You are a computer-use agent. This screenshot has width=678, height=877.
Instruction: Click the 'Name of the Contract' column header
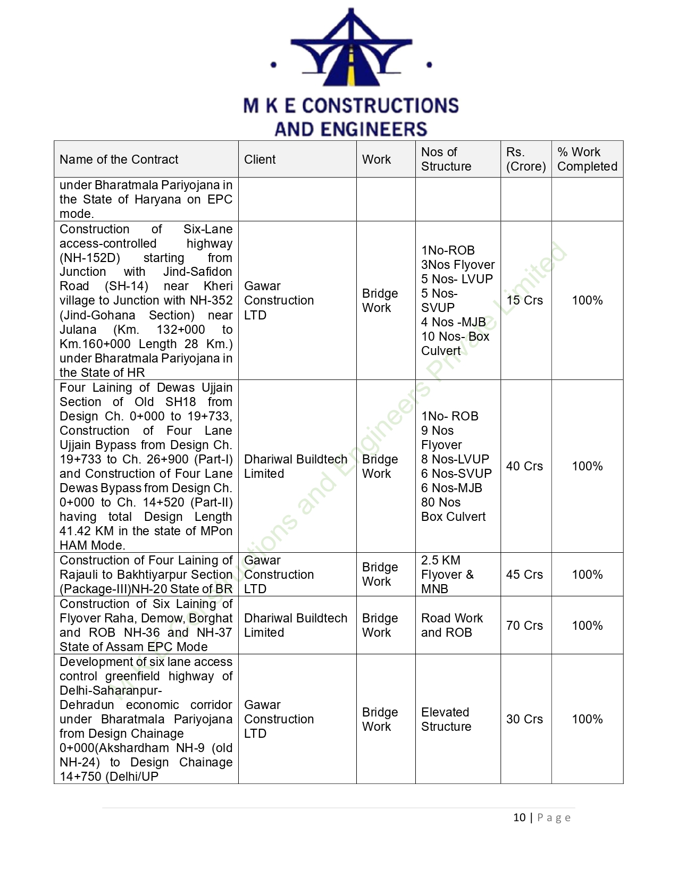click(119, 159)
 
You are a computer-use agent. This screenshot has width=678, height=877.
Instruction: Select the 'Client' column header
click(260, 159)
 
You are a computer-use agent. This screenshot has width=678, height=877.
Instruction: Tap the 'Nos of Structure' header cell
click(446, 159)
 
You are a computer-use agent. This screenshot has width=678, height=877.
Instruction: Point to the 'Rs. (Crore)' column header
click(525, 159)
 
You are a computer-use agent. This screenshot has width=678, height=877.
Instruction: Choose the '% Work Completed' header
click(587, 159)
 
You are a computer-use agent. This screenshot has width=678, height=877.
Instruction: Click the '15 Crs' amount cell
click(524, 300)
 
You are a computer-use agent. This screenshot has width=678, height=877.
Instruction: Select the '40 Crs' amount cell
click(524, 466)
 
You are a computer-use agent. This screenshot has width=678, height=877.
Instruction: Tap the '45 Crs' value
click(524, 575)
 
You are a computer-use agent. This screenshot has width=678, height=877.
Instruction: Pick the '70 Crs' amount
click(524, 626)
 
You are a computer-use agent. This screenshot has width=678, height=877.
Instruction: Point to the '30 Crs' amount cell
click(524, 719)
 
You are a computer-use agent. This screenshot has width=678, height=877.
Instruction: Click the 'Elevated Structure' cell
click(446, 719)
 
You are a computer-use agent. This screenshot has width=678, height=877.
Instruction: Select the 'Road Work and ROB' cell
click(451, 626)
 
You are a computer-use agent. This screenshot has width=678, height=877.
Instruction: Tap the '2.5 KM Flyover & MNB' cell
click(447, 575)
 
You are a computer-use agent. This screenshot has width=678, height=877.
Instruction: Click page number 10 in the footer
click(519, 817)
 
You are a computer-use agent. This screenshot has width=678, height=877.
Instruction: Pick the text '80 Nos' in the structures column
click(441, 502)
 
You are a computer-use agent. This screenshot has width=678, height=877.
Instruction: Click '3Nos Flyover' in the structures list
click(457, 265)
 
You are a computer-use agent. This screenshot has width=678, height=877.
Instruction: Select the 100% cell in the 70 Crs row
click(587, 626)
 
